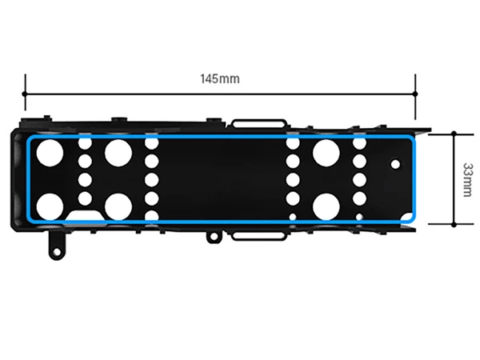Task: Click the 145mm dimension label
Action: (x=220, y=78)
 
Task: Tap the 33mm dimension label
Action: (x=467, y=180)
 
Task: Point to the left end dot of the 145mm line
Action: (x=25, y=94)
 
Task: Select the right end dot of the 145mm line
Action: (x=415, y=94)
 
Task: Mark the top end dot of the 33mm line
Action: (x=454, y=134)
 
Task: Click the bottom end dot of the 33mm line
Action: (x=454, y=224)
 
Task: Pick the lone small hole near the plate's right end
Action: (x=395, y=164)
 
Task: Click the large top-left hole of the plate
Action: (x=50, y=153)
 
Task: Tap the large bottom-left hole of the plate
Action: (x=50, y=206)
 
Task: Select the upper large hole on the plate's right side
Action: (x=326, y=153)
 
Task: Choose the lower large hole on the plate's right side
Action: (x=326, y=206)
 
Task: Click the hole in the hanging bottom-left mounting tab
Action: (x=57, y=252)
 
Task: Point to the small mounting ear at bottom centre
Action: (x=214, y=236)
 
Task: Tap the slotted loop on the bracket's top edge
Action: (x=258, y=123)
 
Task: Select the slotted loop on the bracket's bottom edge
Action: (x=258, y=236)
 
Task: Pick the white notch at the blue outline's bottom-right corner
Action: (x=407, y=217)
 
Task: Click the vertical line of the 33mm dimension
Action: (x=454, y=179)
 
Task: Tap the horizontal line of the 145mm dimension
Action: (x=220, y=94)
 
